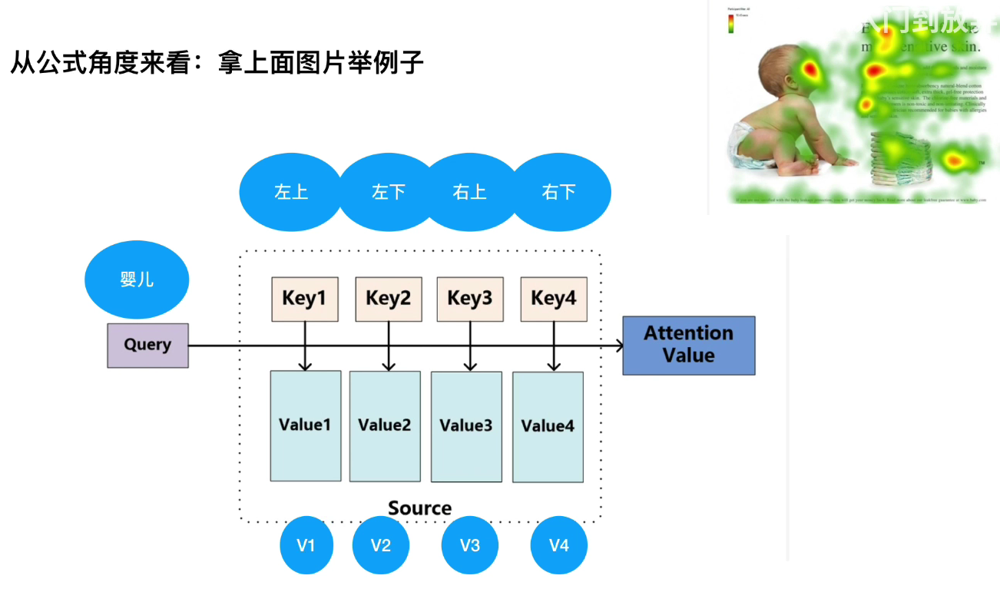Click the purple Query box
tap(147, 345)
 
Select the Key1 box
tap(305, 299)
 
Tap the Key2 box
tap(389, 299)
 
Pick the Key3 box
tap(470, 299)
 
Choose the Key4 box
tap(554, 299)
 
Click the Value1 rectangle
tap(306, 425)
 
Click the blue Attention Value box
tap(688, 345)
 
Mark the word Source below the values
tap(419, 508)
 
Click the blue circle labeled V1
tap(306, 545)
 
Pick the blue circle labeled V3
tap(470, 545)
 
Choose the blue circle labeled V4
tap(559, 545)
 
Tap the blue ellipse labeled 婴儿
tap(137, 280)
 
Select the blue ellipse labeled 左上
tap(291, 191)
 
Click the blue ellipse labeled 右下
tap(559, 191)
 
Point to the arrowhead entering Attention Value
tap(619, 346)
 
